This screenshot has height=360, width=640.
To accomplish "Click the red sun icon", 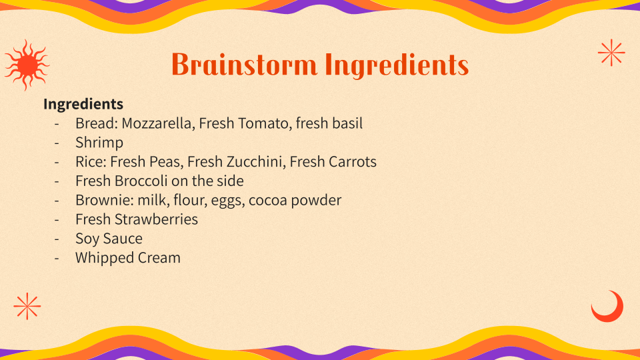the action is [x=27, y=65].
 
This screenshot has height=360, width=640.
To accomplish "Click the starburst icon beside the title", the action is [x=611, y=53].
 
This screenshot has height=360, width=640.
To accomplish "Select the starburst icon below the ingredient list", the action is [x=27, y=306].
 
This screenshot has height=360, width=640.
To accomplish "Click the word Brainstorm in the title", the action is [x=244, y=65].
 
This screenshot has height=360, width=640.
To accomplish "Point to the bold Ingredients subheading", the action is [x=83, y=105].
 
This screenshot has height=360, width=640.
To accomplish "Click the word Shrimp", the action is [x=99, y=143].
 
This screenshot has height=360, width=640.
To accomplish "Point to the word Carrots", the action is [x=353, y=161].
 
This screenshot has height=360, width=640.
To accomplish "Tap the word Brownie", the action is [x=105, y=200].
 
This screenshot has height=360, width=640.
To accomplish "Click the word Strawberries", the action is [x=156, y=219].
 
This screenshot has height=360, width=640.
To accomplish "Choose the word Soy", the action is [x=87, y=239].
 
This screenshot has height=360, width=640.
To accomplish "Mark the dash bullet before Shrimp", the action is [x=57, y=143].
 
